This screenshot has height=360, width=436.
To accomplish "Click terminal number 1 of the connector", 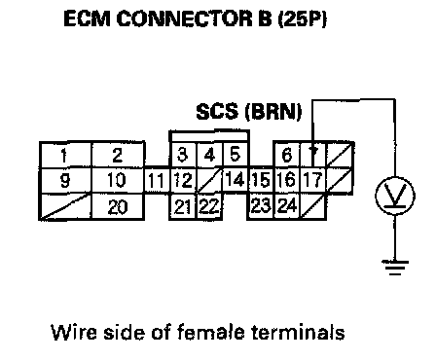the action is click(x=65, y=155).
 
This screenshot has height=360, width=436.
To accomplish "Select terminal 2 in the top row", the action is click(x=118, y=155).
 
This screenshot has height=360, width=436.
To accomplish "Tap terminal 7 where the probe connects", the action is click(x=313, y=155).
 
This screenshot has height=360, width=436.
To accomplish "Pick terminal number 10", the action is click(x=118, y=180).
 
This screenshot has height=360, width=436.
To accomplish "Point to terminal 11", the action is click(x=157, y=181).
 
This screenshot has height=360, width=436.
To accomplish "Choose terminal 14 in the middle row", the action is click(x=236, y=180).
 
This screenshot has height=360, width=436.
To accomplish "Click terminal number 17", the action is click(x=313, y=180).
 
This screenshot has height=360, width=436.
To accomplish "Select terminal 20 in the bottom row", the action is click(x=118, y=206).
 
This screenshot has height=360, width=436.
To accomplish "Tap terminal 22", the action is click(x=209, y=206).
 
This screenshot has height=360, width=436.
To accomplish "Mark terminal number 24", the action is click(x=287, y=206).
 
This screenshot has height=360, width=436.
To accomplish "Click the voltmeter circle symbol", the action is click(x=395, y=196).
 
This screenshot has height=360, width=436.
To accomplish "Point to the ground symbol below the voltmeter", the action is click(x=395, y=268).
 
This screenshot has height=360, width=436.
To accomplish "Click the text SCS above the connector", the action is click(x=217, y=111).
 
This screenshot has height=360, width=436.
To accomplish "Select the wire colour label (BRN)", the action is click(x=273, y=112).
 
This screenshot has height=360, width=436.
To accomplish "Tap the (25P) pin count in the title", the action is click(x=302, y=18).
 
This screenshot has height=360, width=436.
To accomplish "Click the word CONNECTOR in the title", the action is click(x=184, y=18).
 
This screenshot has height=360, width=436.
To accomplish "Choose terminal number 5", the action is click(x=236, y=155).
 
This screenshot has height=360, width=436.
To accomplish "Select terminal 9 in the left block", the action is click(x=65, y=180).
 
